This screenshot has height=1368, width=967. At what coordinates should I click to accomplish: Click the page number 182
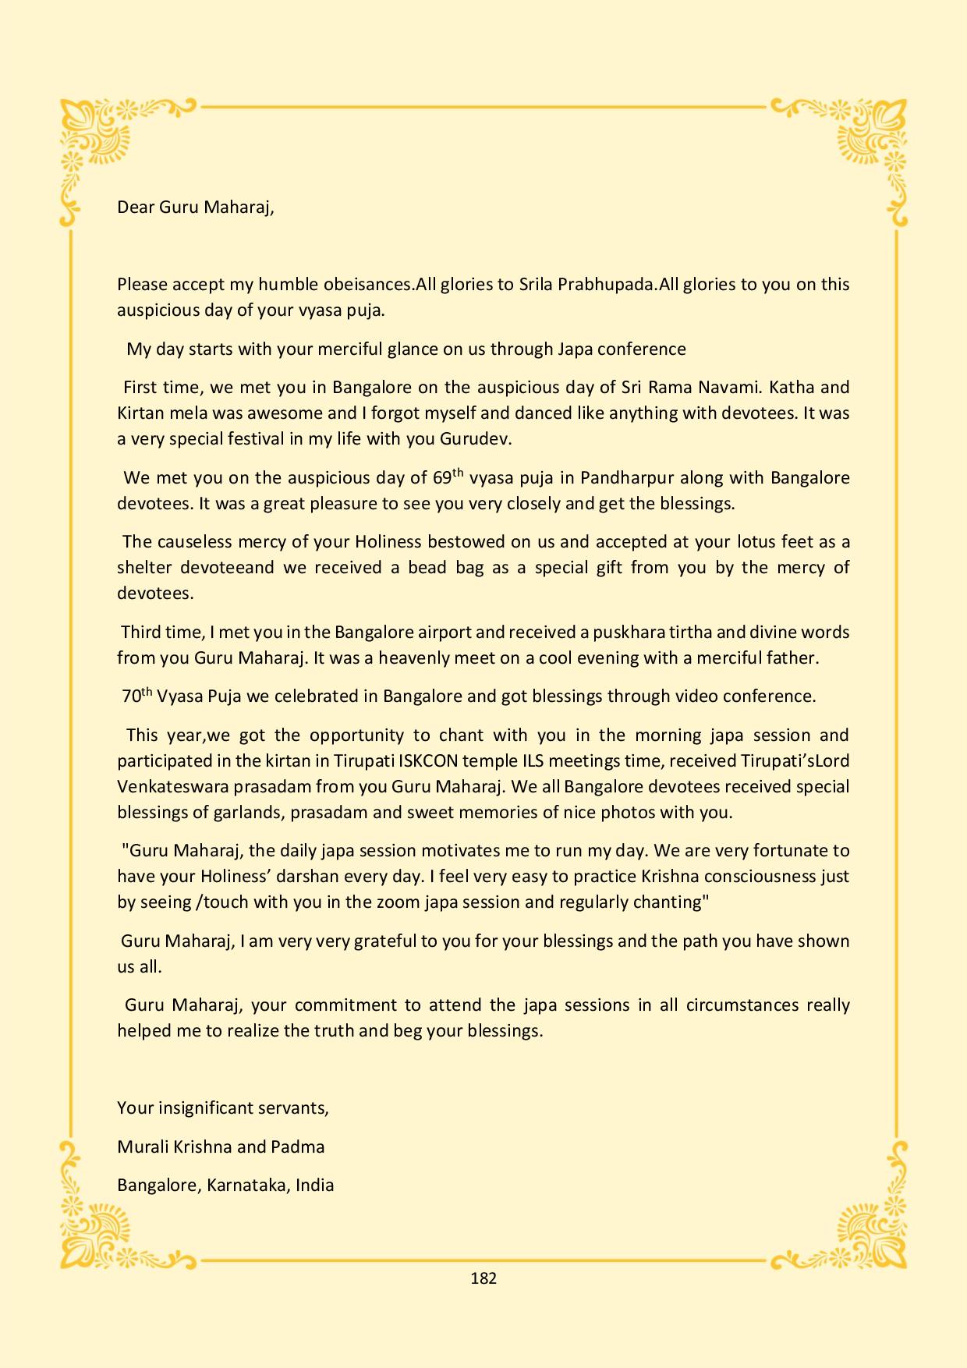pos(483,1278)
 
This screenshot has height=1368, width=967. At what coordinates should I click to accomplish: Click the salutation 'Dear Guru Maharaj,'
pos(196,207)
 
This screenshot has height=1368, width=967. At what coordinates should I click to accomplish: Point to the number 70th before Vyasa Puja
pos(136,696)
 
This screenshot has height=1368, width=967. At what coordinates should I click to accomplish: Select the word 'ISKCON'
pos(422,760)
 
